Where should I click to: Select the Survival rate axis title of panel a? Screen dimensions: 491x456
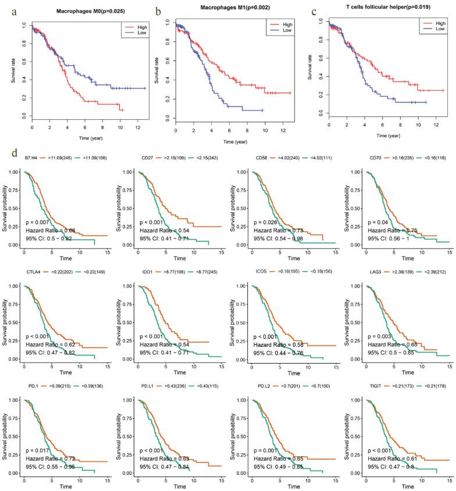(13, 72)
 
